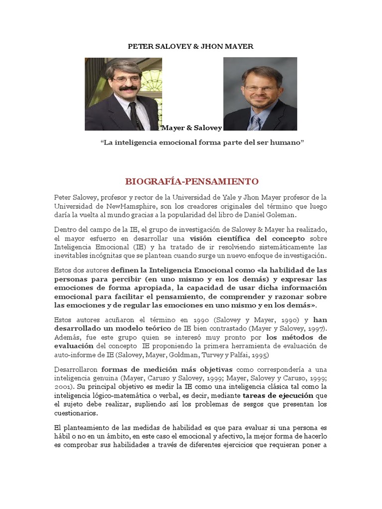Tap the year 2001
tap(63, 387)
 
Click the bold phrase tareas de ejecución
tap(278, 396)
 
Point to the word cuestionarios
tap(77, 414)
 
